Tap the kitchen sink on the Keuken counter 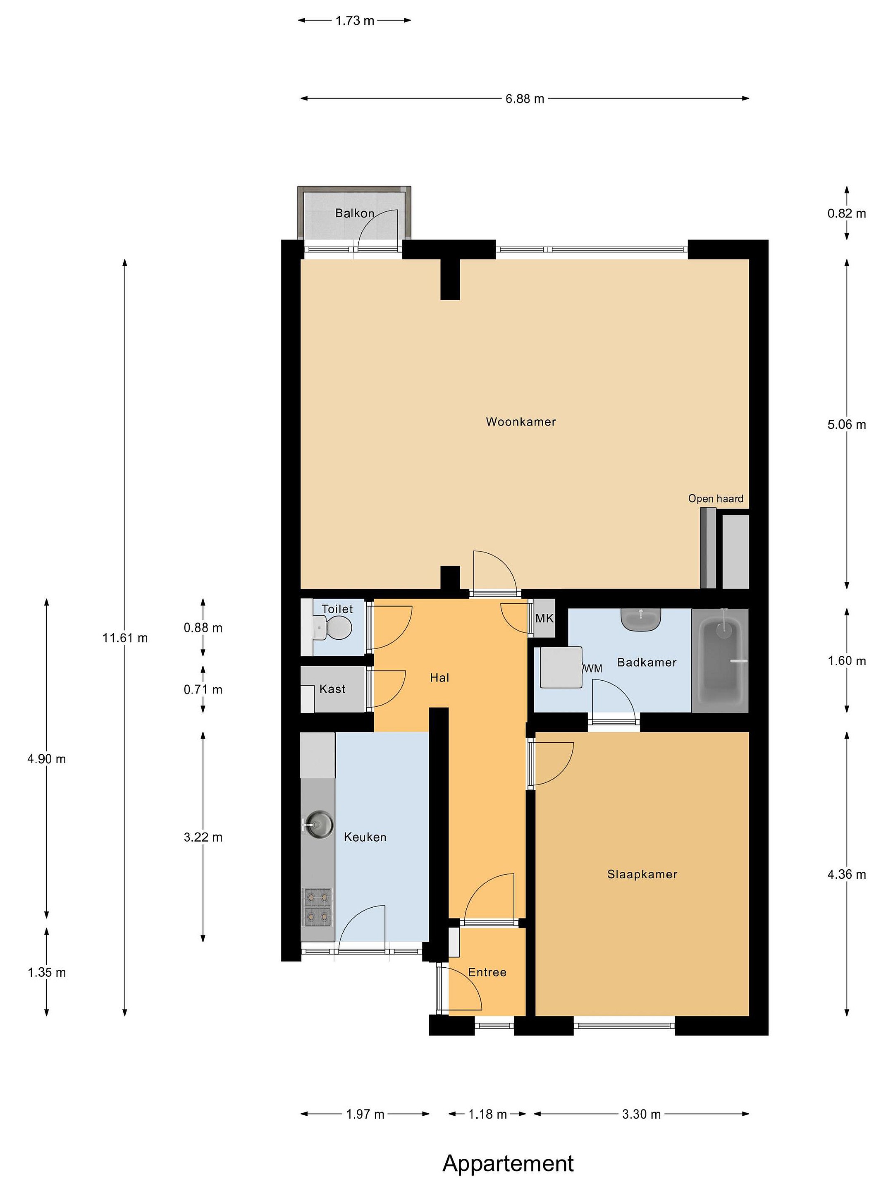tap(318, 823)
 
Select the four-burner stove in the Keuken tap(318, 907)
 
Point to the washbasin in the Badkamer tap(640, 619)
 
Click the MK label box tap(544, 618)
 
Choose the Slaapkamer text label tap(642, 874)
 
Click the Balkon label tap(355, 213)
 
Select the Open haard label tap(715, 499)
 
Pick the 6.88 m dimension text tap(524, 99)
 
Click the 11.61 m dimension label tap(125, 638)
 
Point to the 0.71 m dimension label tap(203, 690)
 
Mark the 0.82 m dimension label tap(847, 214)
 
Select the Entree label tap(487, 972)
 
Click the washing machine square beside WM tap(561, 667)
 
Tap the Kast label tap(332, 689)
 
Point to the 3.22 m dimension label tap(203, 837)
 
